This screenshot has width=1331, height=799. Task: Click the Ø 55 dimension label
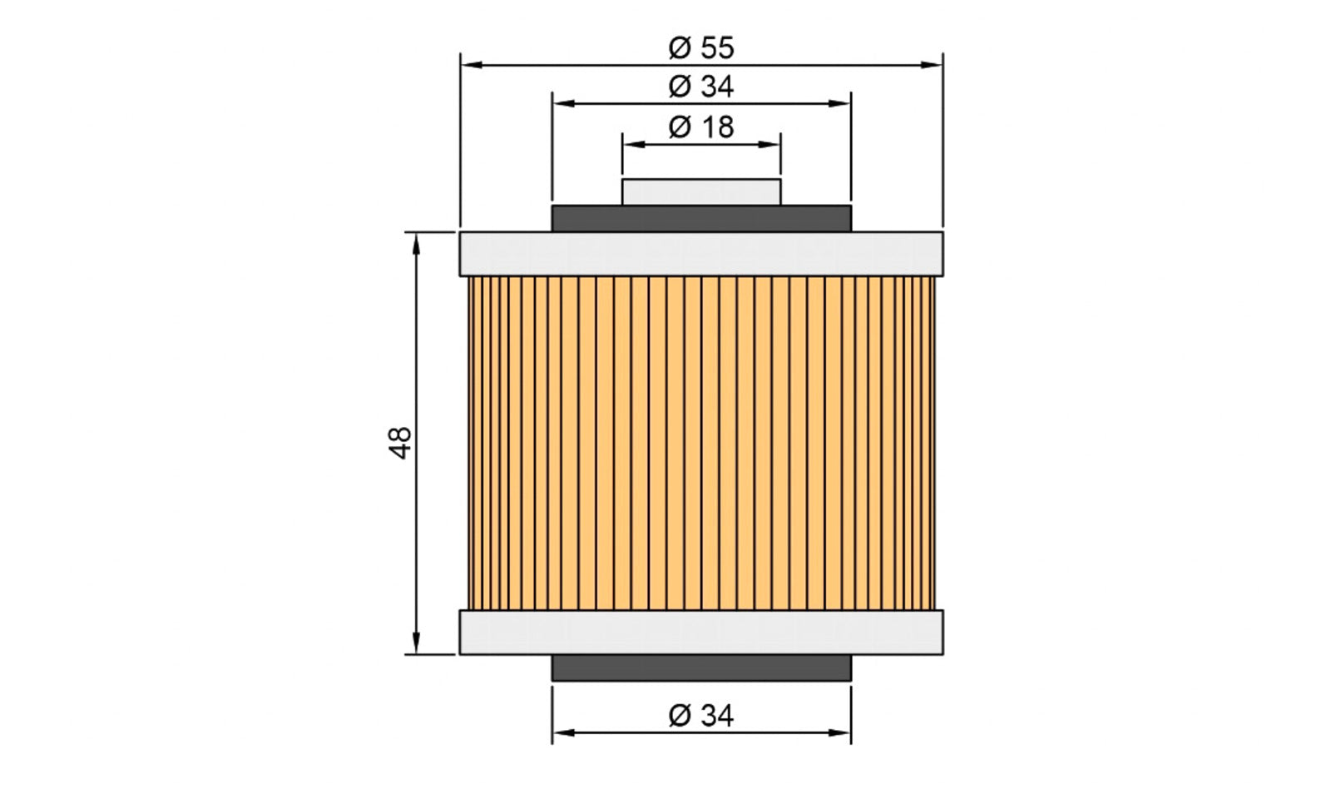click(701, 47)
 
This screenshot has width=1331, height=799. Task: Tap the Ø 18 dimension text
click(701, 127)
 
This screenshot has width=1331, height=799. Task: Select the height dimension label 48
click(401, 442)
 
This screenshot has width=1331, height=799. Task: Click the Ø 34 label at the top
click(701, 87)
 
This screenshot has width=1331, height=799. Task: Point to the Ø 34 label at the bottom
click(701, 715)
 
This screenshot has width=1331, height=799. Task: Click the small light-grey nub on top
click(701, 192)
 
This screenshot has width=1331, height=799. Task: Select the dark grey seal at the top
click(701, 219)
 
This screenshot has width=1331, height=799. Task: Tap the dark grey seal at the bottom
click(701, 667)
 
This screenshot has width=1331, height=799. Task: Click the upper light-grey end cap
click(701, 254)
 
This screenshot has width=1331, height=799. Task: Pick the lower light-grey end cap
click(701, 632)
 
